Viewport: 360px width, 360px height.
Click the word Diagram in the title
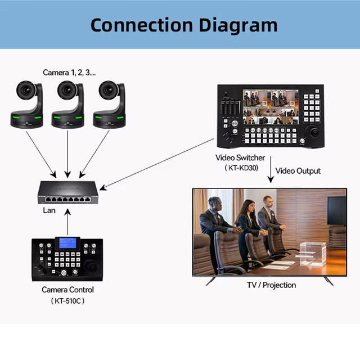(238, 26)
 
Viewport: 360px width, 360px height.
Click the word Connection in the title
(142, 25)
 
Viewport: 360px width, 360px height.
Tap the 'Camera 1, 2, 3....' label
(69, 73)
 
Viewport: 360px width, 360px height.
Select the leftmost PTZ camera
(27, 104)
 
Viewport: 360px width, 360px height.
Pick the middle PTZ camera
(68, 104)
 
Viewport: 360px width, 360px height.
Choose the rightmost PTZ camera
(109, 104)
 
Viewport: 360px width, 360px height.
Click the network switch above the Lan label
(68, 192)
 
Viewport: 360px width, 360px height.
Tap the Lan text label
(49, 210)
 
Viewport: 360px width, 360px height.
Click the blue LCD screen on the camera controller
(67, 243)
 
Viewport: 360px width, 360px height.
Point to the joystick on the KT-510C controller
(91, 267)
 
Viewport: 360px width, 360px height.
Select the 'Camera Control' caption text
(67, 290)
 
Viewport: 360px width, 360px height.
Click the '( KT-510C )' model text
(67, 301)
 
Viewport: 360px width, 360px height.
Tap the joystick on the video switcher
(313, 133)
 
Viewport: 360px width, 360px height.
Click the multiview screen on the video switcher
(271, 107)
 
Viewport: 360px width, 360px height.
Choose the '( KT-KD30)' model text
(241, 168)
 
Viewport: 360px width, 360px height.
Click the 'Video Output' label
(298, 171)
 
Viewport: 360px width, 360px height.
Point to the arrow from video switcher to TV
(271, 169)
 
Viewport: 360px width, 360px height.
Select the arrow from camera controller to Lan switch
(67, 222)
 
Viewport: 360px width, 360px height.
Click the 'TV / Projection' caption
(271, 285)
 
